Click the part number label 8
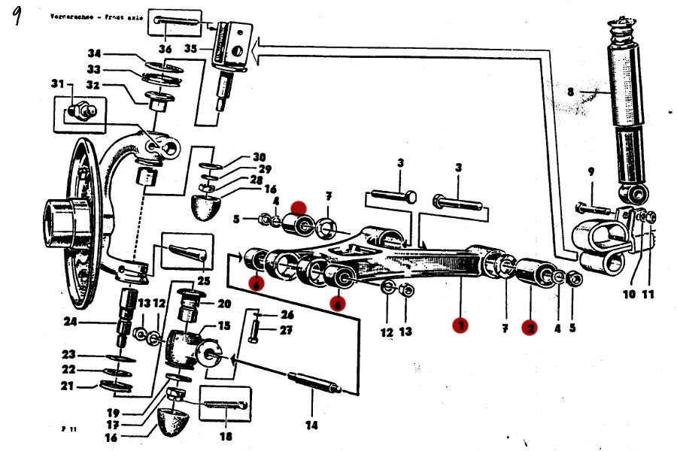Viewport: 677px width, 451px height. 570,92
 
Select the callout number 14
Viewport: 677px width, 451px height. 311,425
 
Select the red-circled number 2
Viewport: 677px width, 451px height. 531,328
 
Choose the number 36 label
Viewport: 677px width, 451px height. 165,50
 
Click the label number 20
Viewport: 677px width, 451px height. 224,304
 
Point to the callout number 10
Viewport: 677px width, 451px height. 630,295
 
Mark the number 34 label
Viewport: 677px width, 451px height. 94,54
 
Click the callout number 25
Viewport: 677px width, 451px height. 203,280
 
